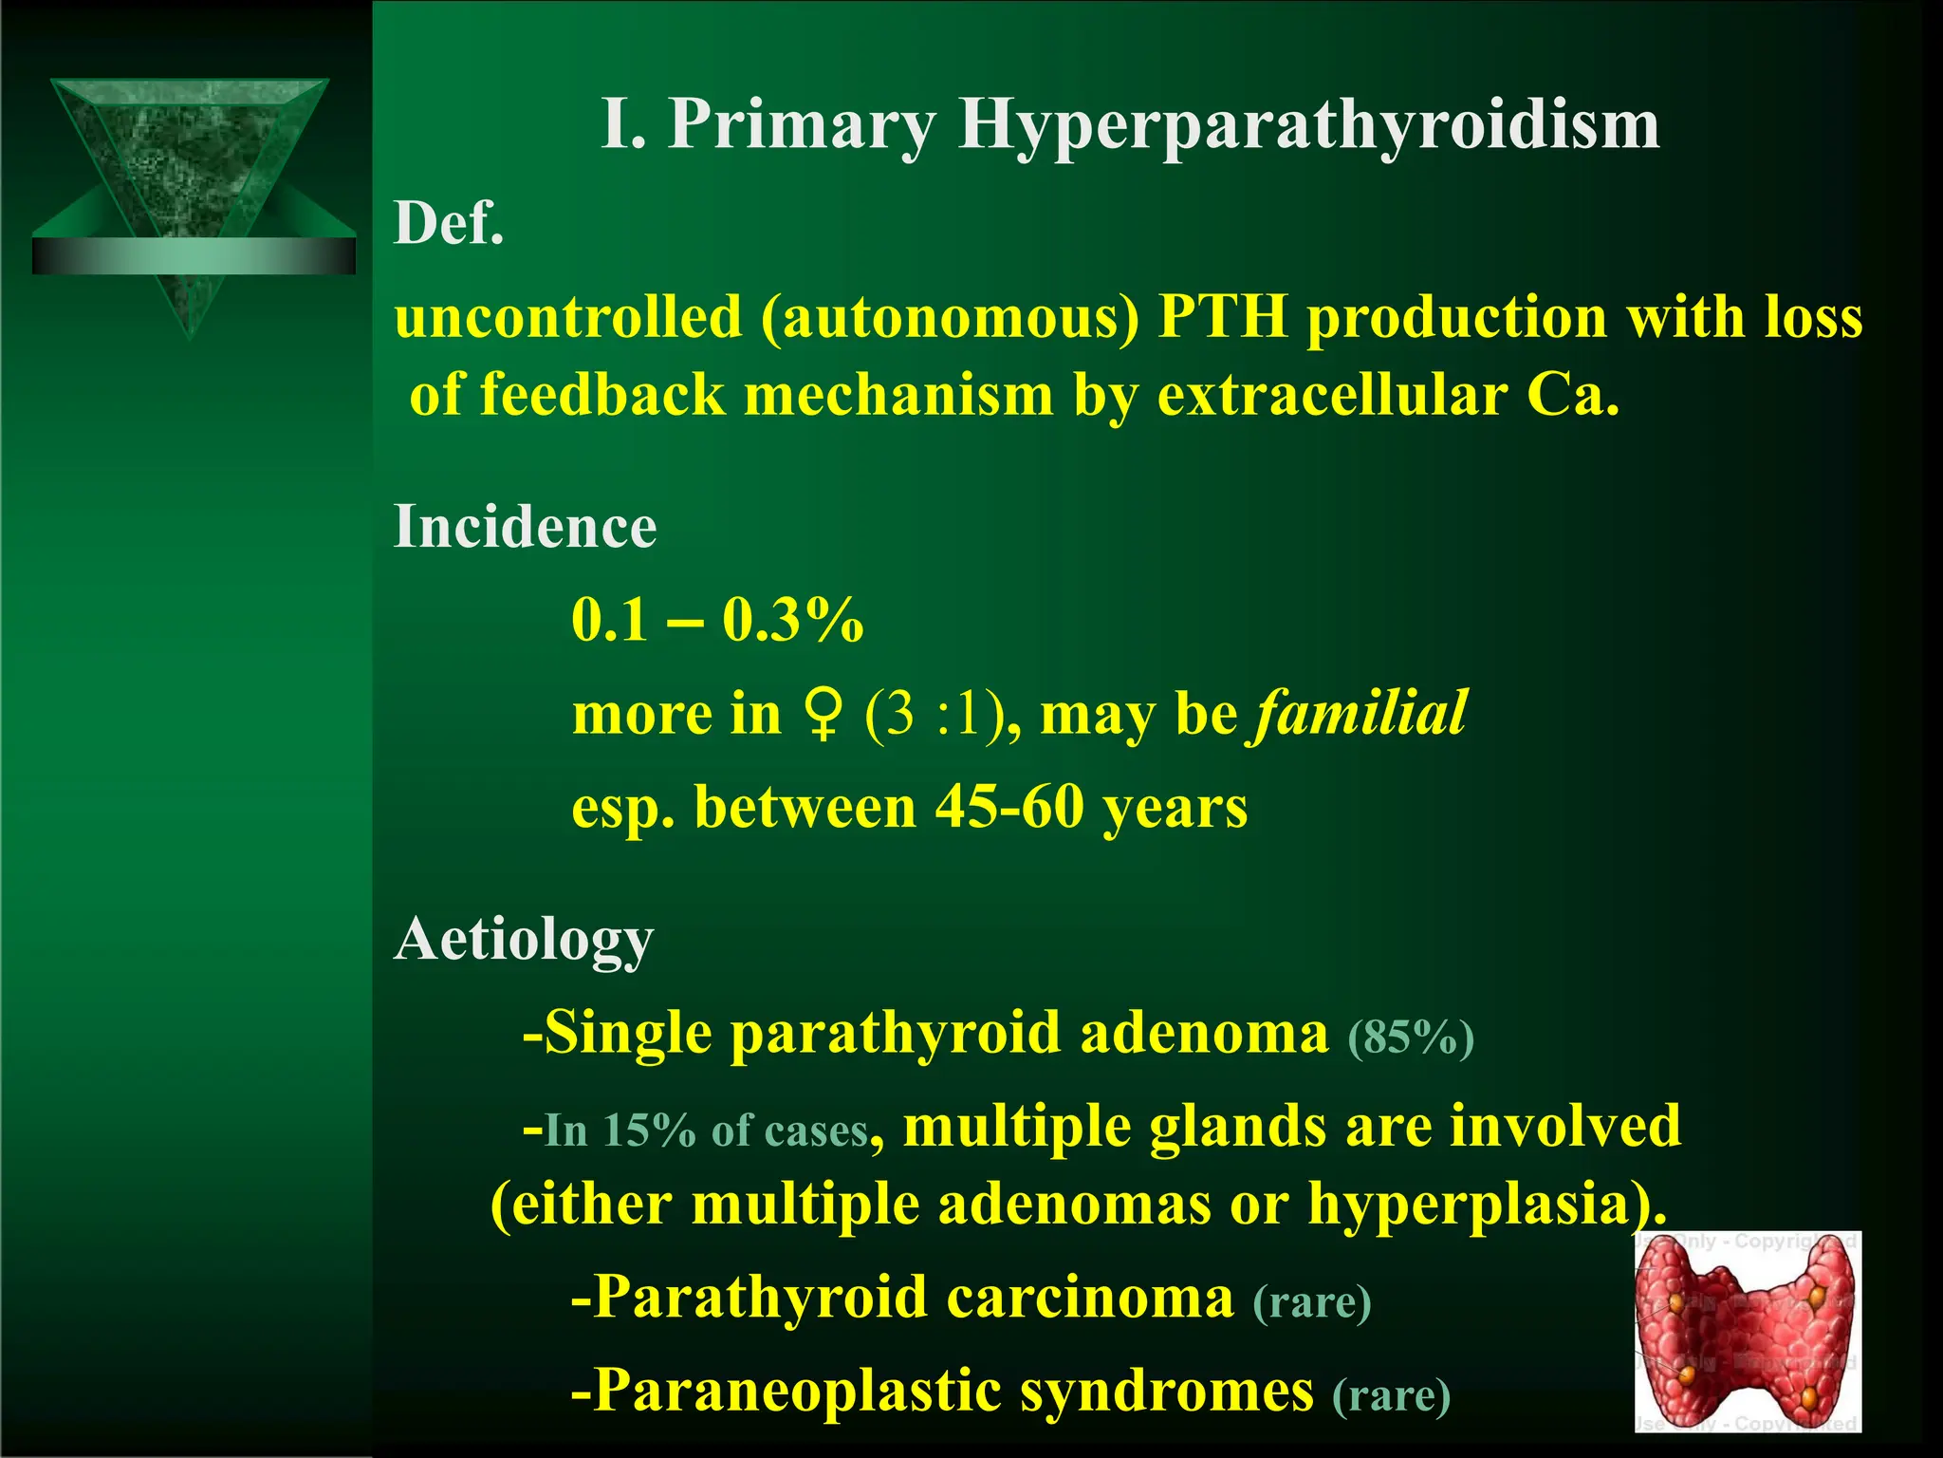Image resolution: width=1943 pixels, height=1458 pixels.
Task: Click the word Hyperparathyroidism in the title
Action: click(1309, 125)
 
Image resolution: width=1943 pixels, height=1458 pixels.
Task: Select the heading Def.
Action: click(449, 225)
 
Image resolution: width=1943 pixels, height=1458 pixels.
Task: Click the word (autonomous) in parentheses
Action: click(949, 318)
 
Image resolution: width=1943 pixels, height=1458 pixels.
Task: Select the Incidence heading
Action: click(525, 527)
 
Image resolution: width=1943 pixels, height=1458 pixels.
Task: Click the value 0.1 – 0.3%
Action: click(717, 621)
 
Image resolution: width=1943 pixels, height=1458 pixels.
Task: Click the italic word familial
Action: click(1360, 714)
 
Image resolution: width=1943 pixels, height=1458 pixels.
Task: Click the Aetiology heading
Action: click(524, 940)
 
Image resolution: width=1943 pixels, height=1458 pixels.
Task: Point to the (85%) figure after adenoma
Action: click(1411, 1038)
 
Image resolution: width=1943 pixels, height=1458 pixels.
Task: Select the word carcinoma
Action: click(1090, 1298)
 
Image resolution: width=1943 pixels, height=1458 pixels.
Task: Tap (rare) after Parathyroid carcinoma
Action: click(1312, 1302)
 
